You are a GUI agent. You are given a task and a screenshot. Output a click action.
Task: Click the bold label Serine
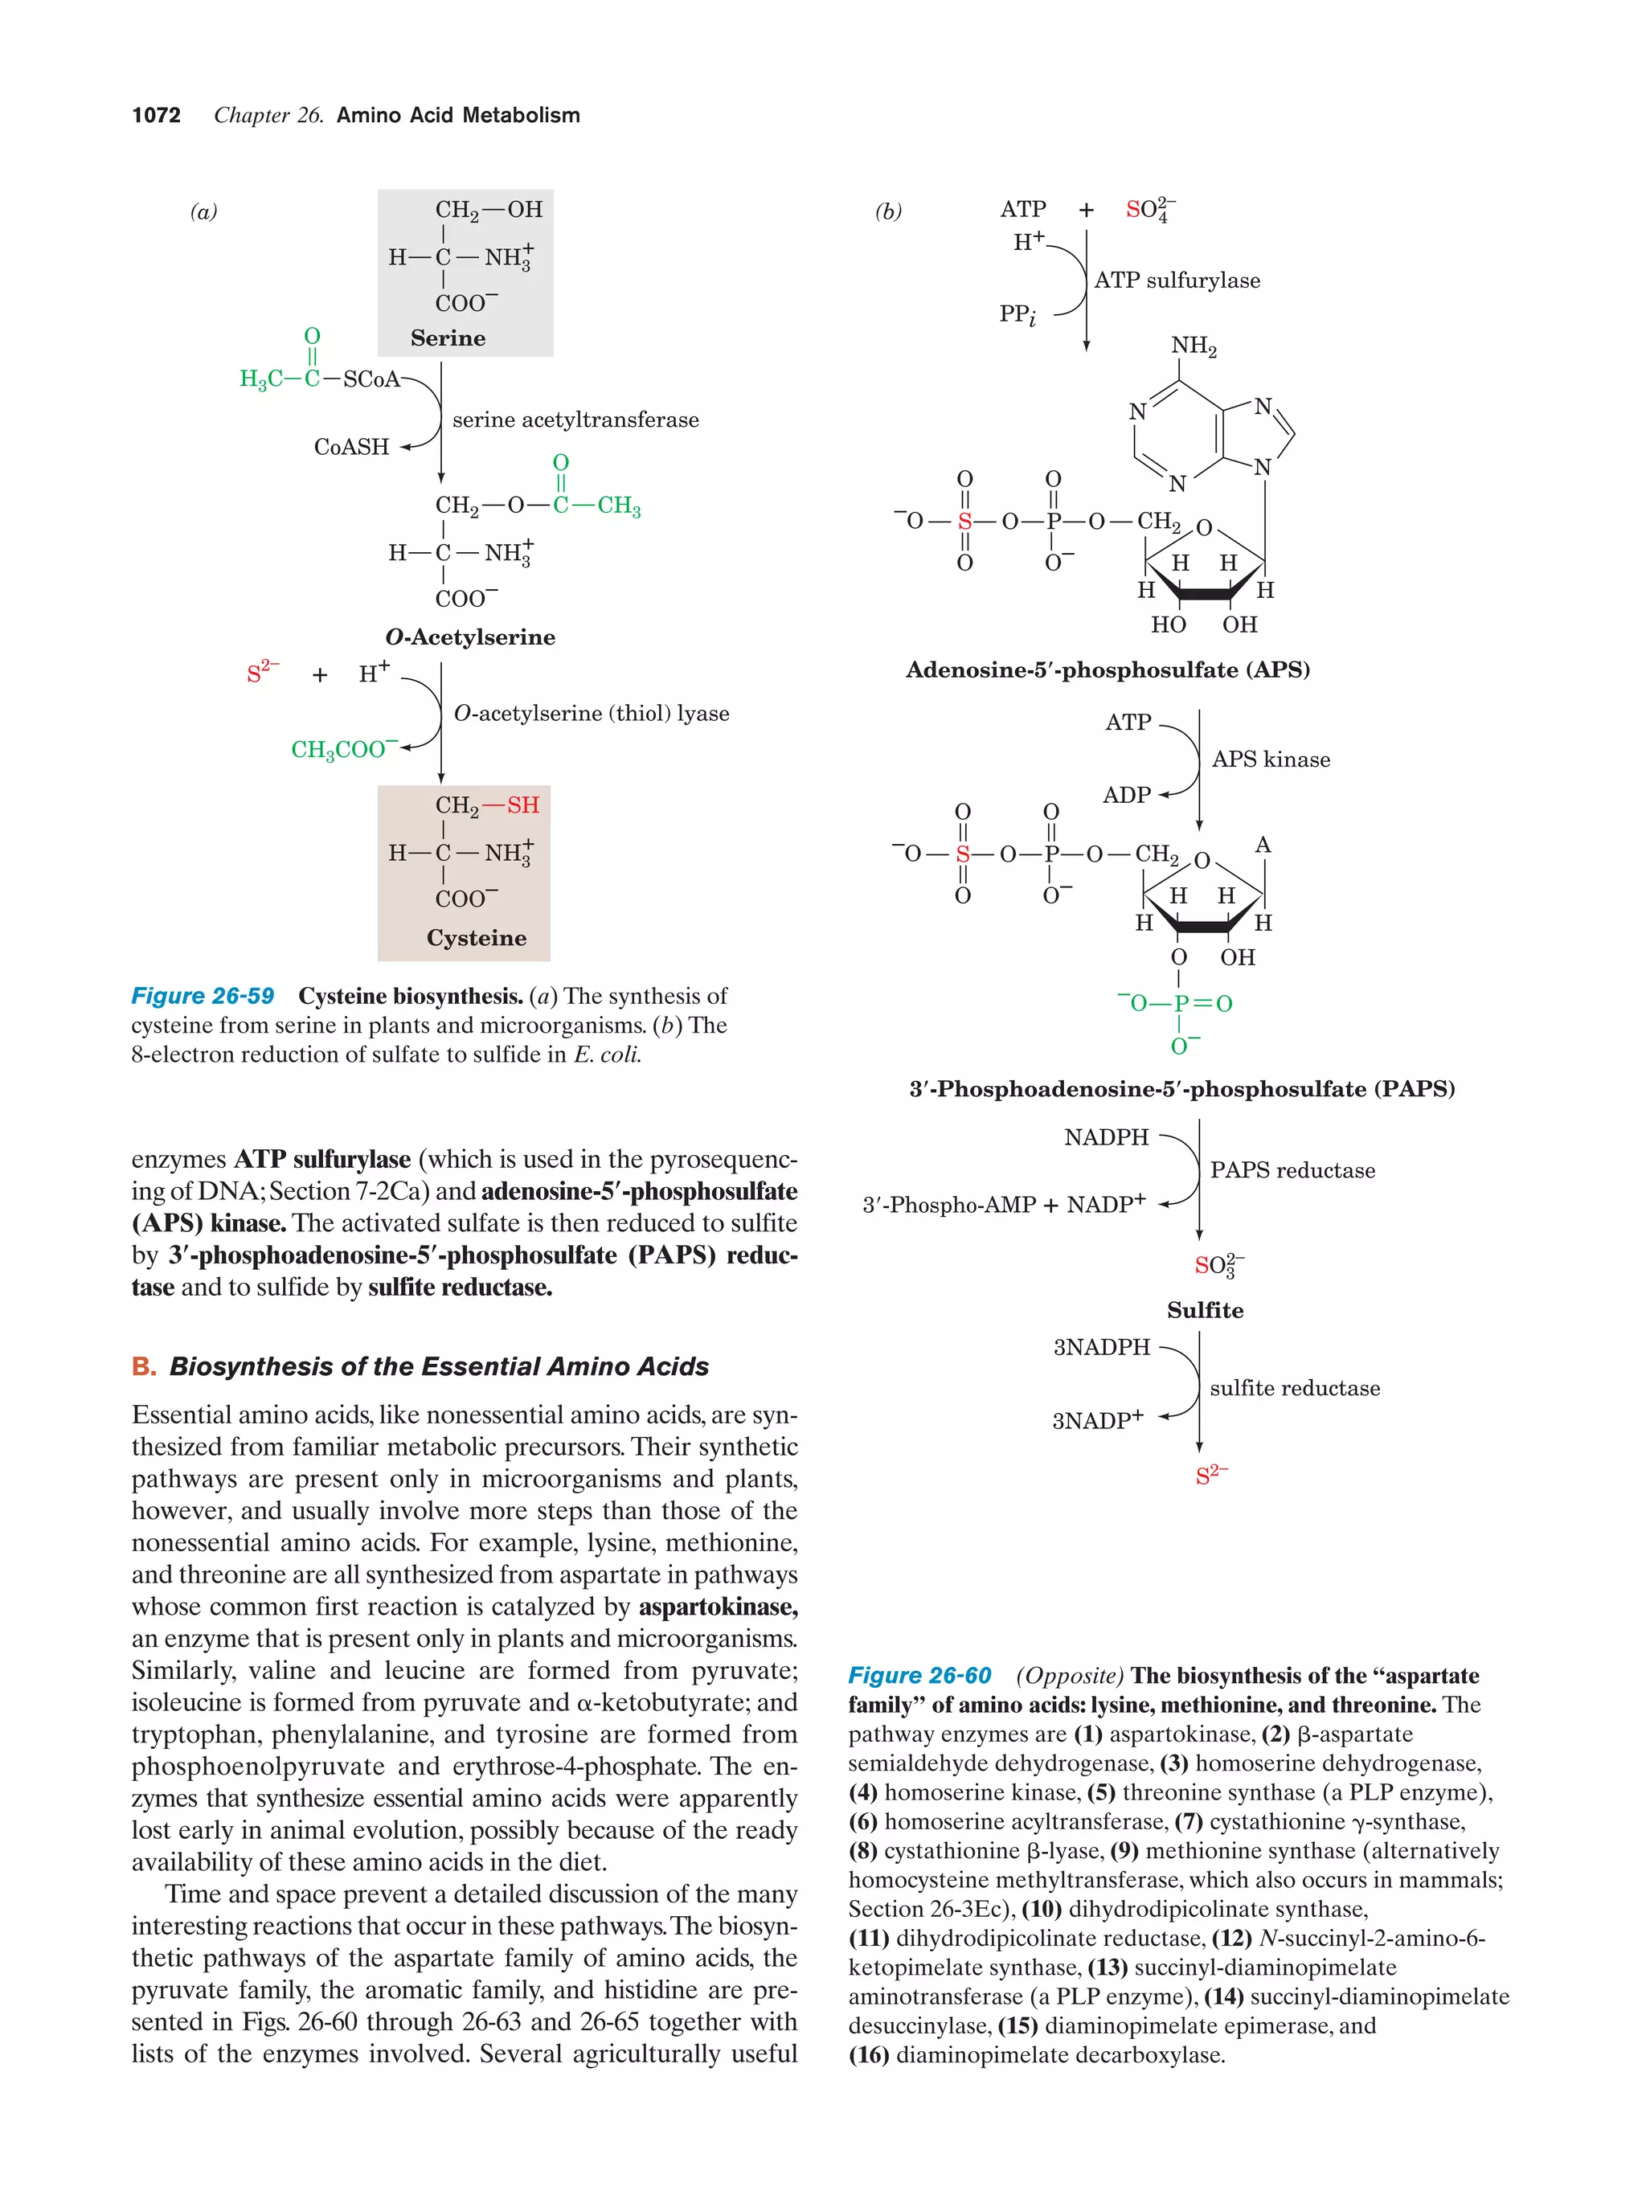(x=448, y=338)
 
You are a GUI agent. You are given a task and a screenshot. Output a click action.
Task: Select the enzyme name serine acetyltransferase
(x=575, y=420)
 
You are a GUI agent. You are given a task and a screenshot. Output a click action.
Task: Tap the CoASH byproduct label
(x=351, y=447)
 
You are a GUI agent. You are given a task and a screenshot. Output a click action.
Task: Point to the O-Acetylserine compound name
(x=470, y=637)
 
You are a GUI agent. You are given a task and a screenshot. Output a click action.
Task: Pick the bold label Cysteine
(x=476, y=938)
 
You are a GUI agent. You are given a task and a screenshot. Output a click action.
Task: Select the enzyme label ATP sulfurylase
(x=1176, y=280)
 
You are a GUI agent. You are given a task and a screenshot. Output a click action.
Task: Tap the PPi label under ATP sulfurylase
(x=1017, y=315)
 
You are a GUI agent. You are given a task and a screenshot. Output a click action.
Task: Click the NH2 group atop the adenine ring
(x=1193, y=346)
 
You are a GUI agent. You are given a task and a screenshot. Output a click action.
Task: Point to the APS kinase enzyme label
(x=1270, y=760)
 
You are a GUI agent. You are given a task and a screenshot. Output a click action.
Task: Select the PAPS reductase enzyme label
(x=1292, y=1170)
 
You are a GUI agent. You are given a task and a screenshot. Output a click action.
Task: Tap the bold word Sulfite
(x=1205, y=1311)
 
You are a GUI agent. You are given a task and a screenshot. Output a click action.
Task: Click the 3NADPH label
(x=1101, y=1348)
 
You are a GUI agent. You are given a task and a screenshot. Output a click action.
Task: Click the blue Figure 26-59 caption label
(x=203, y=996)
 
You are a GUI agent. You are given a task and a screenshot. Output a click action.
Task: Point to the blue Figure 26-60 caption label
(x=919, y=1675)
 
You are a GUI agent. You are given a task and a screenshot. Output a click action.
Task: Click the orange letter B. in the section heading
(x=143, y=1366)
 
